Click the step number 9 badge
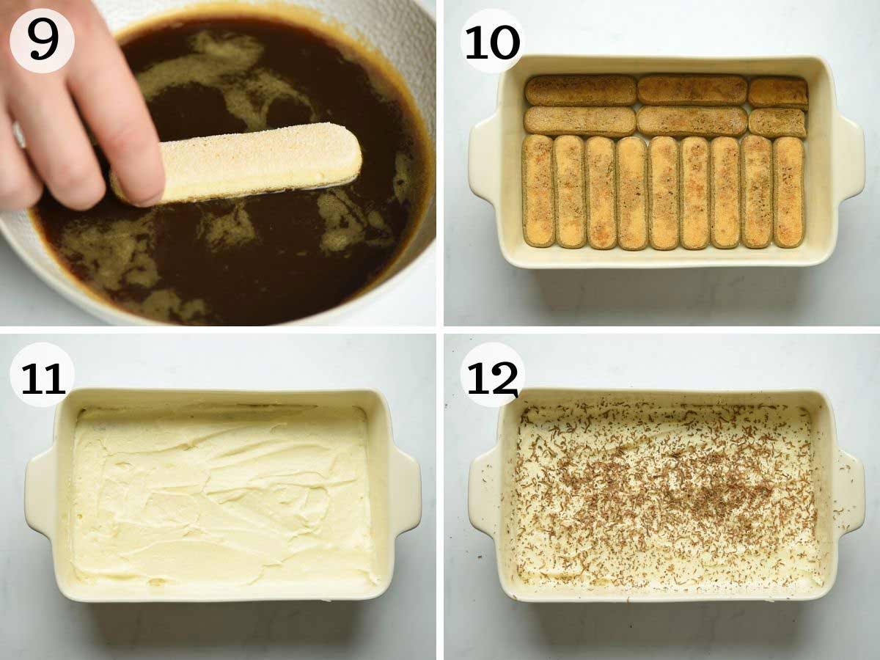[42, 40]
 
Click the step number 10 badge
[492, 40]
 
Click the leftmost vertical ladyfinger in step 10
[538, 191]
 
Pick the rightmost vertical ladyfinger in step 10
[789, 191]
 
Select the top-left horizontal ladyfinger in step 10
[580, 90]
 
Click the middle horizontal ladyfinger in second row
[692, 121]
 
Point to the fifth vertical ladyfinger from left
[663, 192]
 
